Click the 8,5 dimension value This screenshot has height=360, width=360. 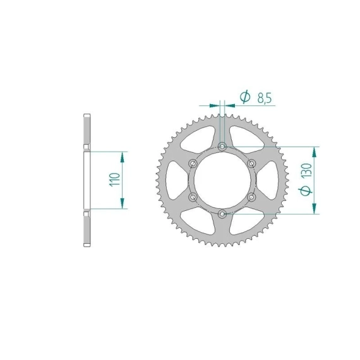(x=265, y=98)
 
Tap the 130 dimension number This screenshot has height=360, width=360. (x=306, y=170)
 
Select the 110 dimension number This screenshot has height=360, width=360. (x=115, y=179)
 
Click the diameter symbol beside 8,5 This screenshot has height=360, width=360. (x=245, y=97)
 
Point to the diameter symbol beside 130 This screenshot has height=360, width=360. (x=306, y=191)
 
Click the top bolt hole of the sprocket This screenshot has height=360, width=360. (x=222, y=147)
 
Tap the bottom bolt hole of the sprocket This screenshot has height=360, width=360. (x=222, y=214)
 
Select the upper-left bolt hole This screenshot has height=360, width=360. (x=193, y=164)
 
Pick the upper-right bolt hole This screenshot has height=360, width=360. (x=251, y=164)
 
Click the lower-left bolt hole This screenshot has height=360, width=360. (x=193, y=197)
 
